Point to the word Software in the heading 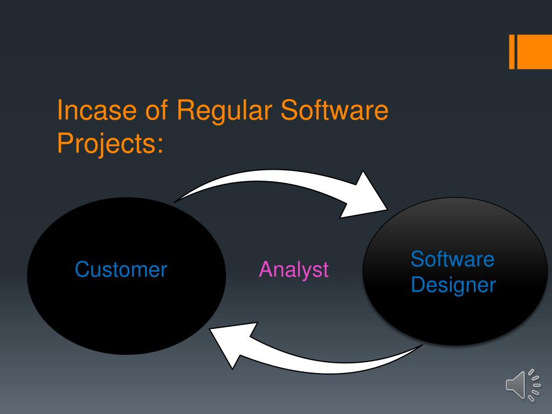[335, 111]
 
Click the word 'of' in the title [156, 111]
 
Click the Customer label [121, 270]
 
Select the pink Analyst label [294, 270]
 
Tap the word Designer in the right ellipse [453, 285]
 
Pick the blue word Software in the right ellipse [452, 259]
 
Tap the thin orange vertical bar [512, 52]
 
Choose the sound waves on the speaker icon [534, 385]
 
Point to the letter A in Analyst [265, 270]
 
